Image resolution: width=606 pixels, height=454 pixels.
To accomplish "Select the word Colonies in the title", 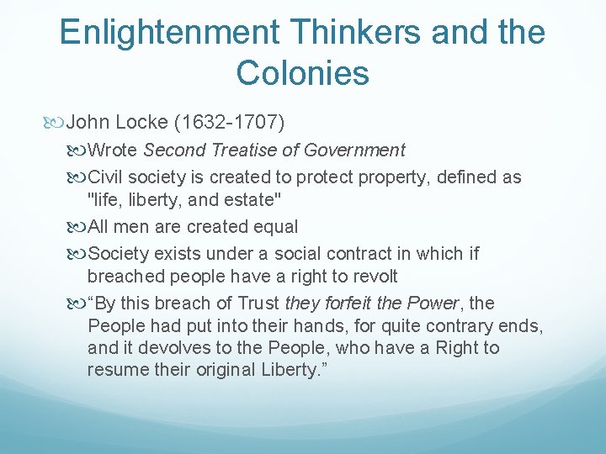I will (303, 73).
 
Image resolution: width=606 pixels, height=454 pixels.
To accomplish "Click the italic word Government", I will (355, 150).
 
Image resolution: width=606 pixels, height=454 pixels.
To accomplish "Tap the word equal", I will (274, 227).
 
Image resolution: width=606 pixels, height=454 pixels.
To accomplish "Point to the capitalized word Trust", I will (257, 303).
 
